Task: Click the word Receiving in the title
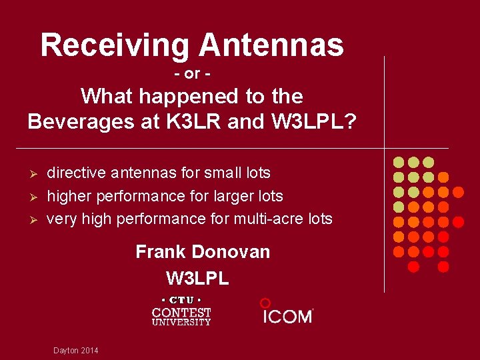(x=115, y=45)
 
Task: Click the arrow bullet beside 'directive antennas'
(x=32, y=174)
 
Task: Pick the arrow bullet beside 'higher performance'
(x=32, y=197)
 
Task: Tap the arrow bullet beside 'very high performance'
(x=32, y=220)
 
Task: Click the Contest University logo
(x=181, y=311)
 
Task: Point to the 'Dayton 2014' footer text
(x=75, y=351)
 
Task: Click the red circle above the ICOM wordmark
(x=265, y=303)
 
